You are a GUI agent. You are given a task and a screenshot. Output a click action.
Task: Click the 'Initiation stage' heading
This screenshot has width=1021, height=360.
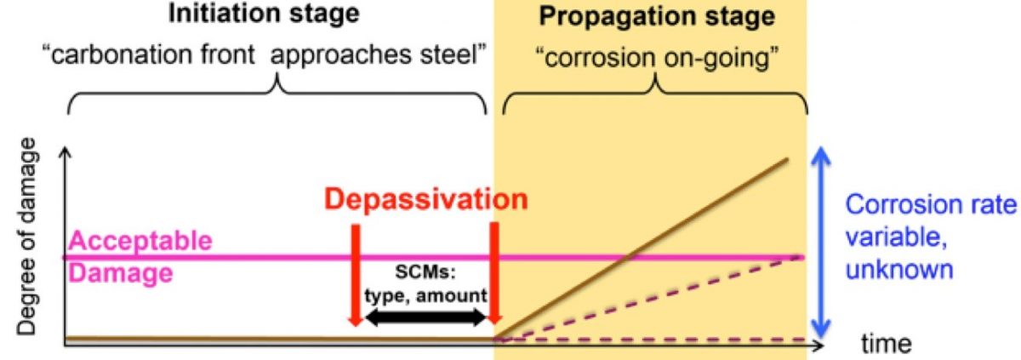point(264,14)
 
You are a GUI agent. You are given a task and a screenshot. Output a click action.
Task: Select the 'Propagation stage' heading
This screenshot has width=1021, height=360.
point(657,17)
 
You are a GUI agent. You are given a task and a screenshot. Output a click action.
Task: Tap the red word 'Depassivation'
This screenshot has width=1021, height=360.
point(425,199)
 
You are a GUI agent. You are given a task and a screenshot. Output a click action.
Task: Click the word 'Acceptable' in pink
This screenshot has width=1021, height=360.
point(140,240)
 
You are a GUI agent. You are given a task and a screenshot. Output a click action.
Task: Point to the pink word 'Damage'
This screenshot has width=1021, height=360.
point(121,273)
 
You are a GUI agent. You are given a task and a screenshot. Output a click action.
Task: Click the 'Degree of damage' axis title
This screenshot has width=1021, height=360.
point(26,237)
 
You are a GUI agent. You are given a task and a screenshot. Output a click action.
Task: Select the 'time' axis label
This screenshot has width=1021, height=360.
point(886,343)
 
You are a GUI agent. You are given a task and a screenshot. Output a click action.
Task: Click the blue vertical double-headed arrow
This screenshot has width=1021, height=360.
point(821,243)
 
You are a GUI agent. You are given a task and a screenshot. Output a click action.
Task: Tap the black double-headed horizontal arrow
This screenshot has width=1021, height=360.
point(425,317)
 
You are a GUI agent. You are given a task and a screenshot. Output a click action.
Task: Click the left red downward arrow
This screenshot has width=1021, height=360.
point(356,275)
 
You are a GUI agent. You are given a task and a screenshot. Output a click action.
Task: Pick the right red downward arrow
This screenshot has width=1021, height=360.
point(494,273)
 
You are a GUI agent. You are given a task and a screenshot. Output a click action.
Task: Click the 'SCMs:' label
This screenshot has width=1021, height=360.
point(425,272)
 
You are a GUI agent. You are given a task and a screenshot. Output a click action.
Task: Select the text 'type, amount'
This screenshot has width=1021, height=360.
point(425,296)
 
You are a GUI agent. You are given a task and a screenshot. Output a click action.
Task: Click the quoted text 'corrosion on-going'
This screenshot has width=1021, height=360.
point(657,58)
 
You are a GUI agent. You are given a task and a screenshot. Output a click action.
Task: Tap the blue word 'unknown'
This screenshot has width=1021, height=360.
point(899,269)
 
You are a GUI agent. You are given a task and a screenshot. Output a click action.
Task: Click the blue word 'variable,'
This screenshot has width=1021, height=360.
point(897,237)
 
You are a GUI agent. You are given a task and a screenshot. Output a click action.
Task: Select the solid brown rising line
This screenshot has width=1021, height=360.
point(642,249)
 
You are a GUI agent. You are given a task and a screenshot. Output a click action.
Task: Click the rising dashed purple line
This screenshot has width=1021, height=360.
point(648,298)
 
